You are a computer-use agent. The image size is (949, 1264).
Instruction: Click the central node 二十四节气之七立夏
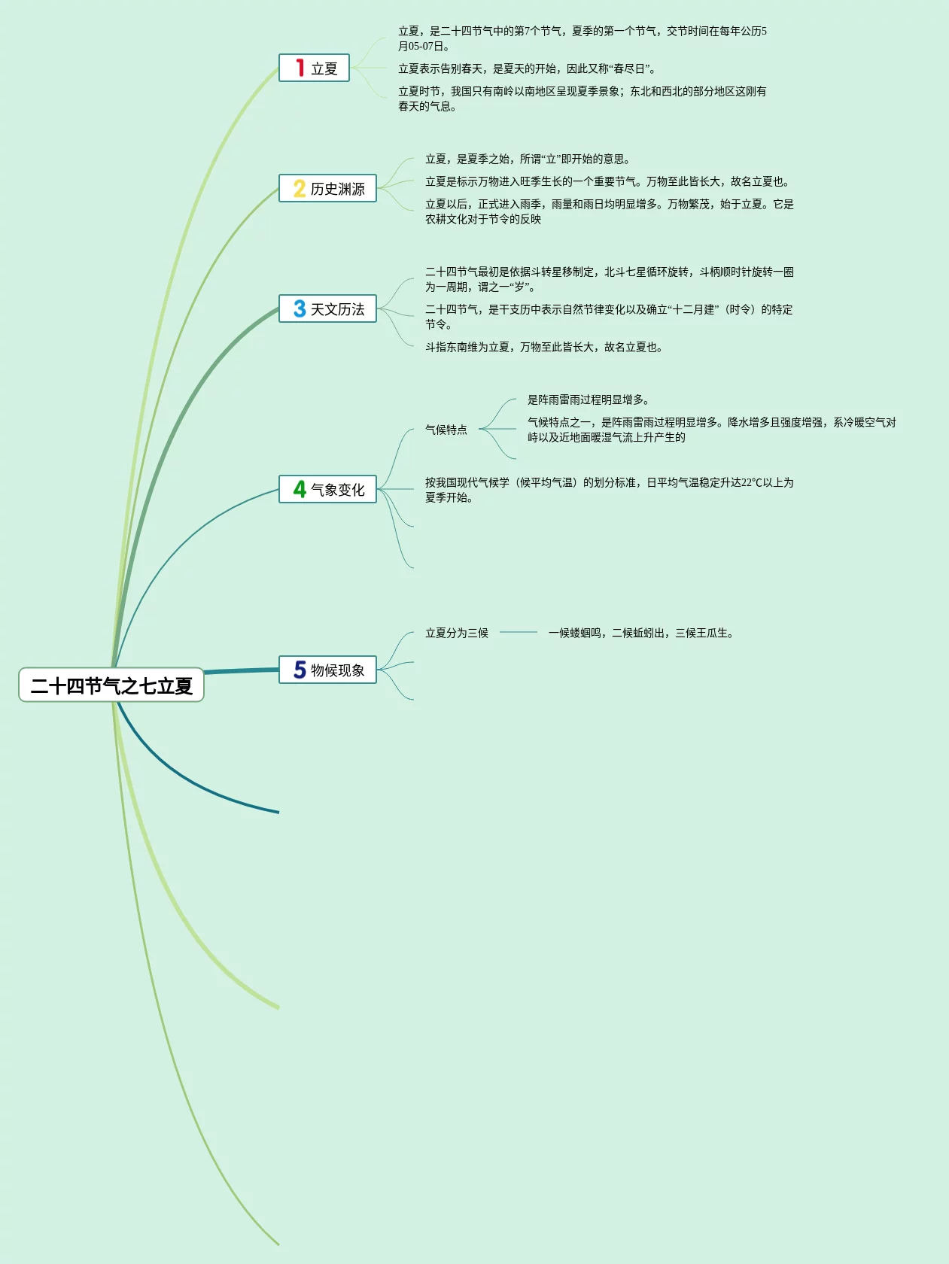111,685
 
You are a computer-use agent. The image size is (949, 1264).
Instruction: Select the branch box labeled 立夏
315,68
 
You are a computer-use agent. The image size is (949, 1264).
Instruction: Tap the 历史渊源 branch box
327,189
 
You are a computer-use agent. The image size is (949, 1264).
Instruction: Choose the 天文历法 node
327,309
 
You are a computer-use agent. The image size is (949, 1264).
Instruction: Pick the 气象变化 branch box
327,490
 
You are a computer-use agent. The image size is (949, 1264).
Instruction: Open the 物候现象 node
327,670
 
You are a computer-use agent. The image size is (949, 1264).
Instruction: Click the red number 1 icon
300,68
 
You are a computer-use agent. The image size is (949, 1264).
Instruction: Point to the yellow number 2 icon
300,189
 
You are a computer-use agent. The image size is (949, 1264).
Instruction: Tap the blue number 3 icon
300,309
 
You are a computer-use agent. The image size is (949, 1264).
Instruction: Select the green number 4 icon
300,490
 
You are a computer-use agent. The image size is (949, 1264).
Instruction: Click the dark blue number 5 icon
300,670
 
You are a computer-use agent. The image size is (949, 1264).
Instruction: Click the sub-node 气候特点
446,430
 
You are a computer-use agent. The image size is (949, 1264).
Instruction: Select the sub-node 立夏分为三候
457,633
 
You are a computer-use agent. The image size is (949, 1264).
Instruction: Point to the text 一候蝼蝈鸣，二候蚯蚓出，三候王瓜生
640,633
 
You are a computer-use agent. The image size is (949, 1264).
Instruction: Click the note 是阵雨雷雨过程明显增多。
589,400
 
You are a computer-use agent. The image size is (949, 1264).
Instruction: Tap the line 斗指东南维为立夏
543,347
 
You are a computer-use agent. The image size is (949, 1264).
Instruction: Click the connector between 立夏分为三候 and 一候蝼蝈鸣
519,633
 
